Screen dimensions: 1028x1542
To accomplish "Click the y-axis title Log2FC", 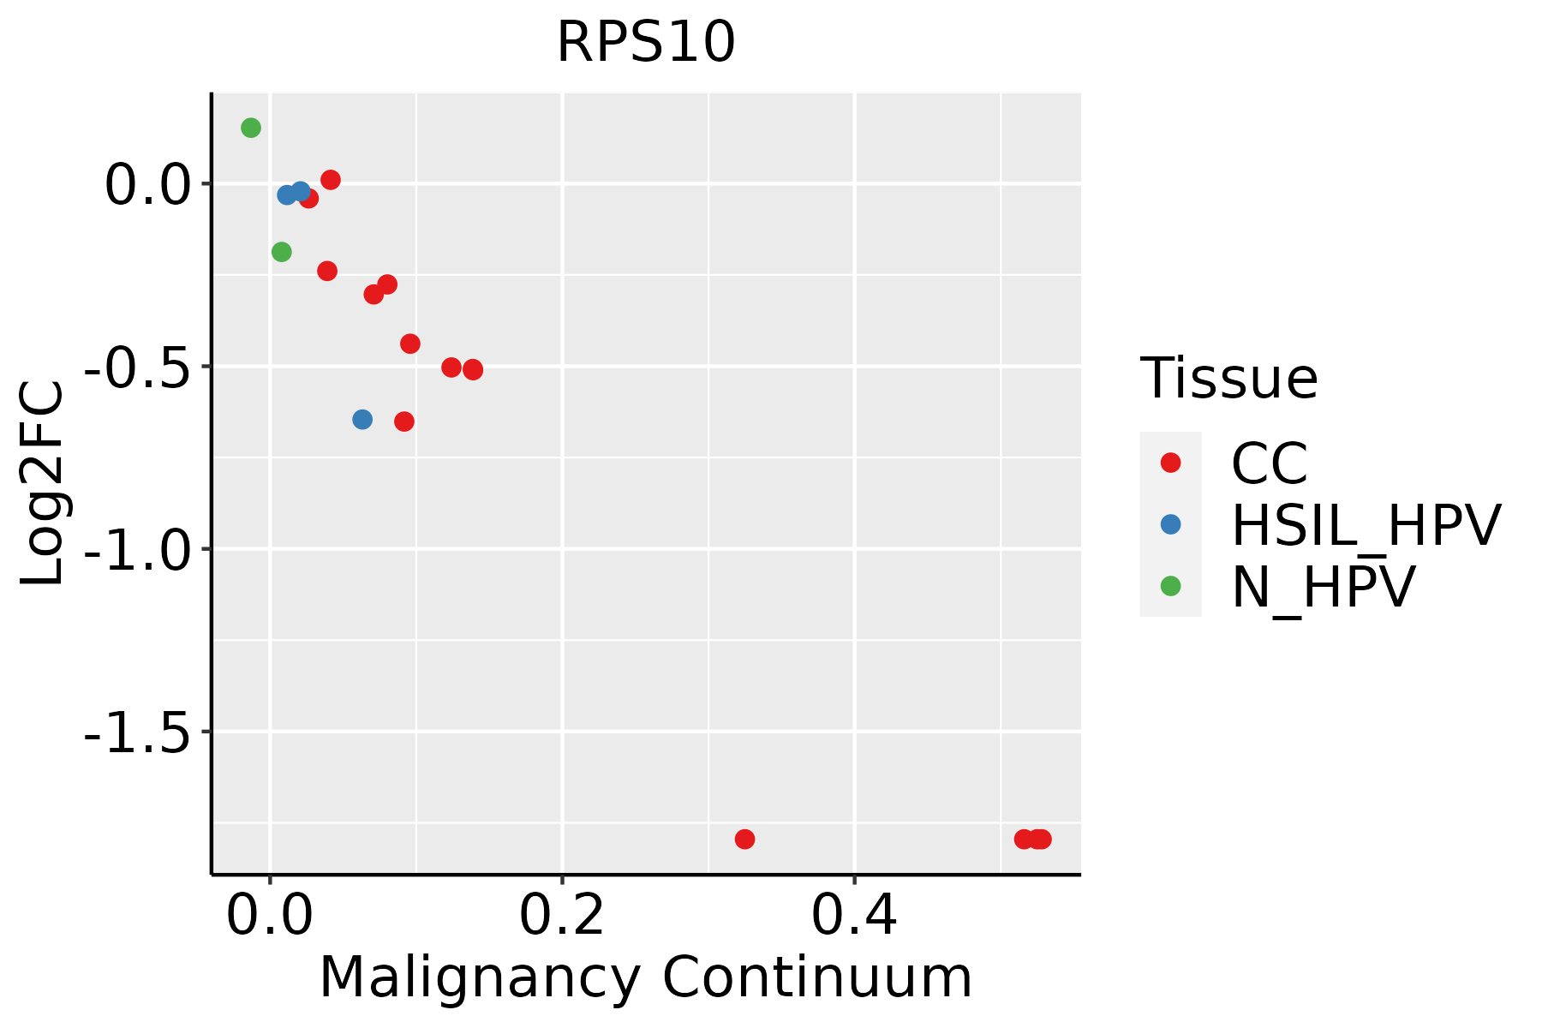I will coord(43,483).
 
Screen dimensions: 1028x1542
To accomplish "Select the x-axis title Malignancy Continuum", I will coord(646,977).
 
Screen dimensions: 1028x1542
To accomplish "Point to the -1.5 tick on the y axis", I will coord(136,732).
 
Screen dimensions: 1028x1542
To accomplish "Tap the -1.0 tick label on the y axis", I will coord(136,550).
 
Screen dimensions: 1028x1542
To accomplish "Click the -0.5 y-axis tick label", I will coord(136,368).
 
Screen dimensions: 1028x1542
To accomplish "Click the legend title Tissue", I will coord(1228,378).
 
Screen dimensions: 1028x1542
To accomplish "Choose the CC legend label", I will coord(1270,463).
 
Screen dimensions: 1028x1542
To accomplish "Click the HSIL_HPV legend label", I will coord(1366,525).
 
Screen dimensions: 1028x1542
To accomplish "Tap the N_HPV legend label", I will coord(1323,587).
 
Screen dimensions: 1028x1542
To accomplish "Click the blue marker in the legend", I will coord(1170,524).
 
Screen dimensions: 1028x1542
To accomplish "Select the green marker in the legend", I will coord(1170,586).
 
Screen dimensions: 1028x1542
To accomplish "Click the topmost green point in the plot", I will coord(251,128).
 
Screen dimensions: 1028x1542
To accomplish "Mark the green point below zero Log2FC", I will coord(282,252).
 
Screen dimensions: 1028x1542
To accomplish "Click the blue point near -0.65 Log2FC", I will coord(362,420).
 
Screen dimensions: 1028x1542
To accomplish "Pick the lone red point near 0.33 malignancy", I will coord(745,839).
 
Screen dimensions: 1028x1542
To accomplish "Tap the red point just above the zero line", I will coord(331,180).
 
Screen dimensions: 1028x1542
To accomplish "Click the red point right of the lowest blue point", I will coord(404,421).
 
